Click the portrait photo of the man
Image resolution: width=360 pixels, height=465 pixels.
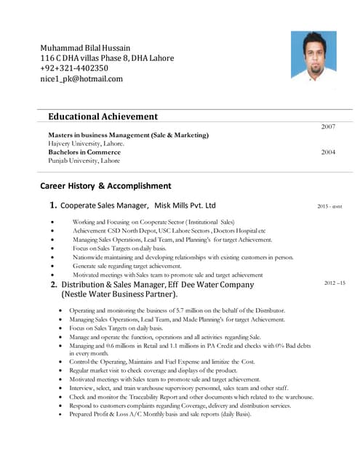[x=313, y=56]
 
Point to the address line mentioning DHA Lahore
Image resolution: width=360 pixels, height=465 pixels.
[x=106, y=58]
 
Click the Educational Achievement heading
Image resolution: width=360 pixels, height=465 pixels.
[x=103, y=116]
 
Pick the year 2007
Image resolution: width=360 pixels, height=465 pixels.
[x=327, y=127]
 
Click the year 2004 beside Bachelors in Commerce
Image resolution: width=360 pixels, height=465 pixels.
[x=327, y=153]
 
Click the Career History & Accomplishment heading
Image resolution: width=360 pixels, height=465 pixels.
[x=105, y=185]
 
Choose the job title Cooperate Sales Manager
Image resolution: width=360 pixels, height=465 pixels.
[x=105, y=206]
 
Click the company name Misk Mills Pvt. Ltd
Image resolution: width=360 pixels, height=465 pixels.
[x=185, y=206]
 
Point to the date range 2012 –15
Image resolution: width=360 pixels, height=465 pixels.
[x=334, y=282]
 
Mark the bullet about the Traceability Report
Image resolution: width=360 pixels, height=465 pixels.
[x=191, y=397]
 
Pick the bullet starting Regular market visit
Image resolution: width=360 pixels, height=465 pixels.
[x=164, y=371]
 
